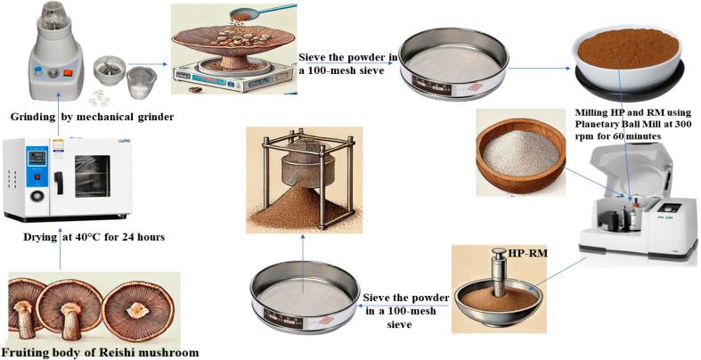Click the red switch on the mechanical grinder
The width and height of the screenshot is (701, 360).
[x=68, y=72]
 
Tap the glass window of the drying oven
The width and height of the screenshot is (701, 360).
[x=92, y=176]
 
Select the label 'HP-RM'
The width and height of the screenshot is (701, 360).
[x=527, y=253]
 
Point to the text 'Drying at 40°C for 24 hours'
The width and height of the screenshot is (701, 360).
[x=94, y=236]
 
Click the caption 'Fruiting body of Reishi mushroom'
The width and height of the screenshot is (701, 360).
[x=100, y=352]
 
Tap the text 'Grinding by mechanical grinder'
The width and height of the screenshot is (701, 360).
[x=93, y=117]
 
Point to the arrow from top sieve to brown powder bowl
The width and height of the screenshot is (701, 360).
[x=540, y=69]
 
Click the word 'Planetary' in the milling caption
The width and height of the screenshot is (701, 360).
[x=600, y=124]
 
